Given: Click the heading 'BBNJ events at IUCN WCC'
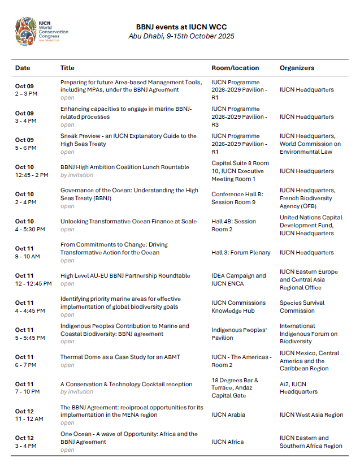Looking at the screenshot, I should pyautogui.click(x=181, y=27).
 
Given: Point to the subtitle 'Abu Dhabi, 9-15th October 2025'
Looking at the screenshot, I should pyautogui.click(x=181, y=36).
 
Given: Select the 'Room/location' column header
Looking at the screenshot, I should pyautogui.click(x=232, y=68).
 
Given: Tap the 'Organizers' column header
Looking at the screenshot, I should pyautogui.click(x=297, y=68).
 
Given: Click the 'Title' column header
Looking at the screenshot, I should pyautogui.click(x=67, y=68).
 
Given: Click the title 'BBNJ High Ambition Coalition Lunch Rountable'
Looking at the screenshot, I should pyautogui.click(x=125, y=167).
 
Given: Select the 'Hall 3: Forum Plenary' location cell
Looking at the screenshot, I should pyautogui.click(x=241, y=253).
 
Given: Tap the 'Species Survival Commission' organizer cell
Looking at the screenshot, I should pyautogui.click(x=302, y=306).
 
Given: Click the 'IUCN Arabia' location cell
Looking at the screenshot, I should pyautogui.click(x=228, y=414).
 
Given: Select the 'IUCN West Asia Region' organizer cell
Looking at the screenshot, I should pyautogui.click(x=311, y=414).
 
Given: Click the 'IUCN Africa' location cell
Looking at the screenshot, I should pyautogui.click(x=227, y=442).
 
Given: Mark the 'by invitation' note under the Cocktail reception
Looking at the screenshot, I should pyautogui.click(x=77, y=392).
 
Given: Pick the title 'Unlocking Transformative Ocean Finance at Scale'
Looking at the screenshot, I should pyautogui.click(x=128, y=221).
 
